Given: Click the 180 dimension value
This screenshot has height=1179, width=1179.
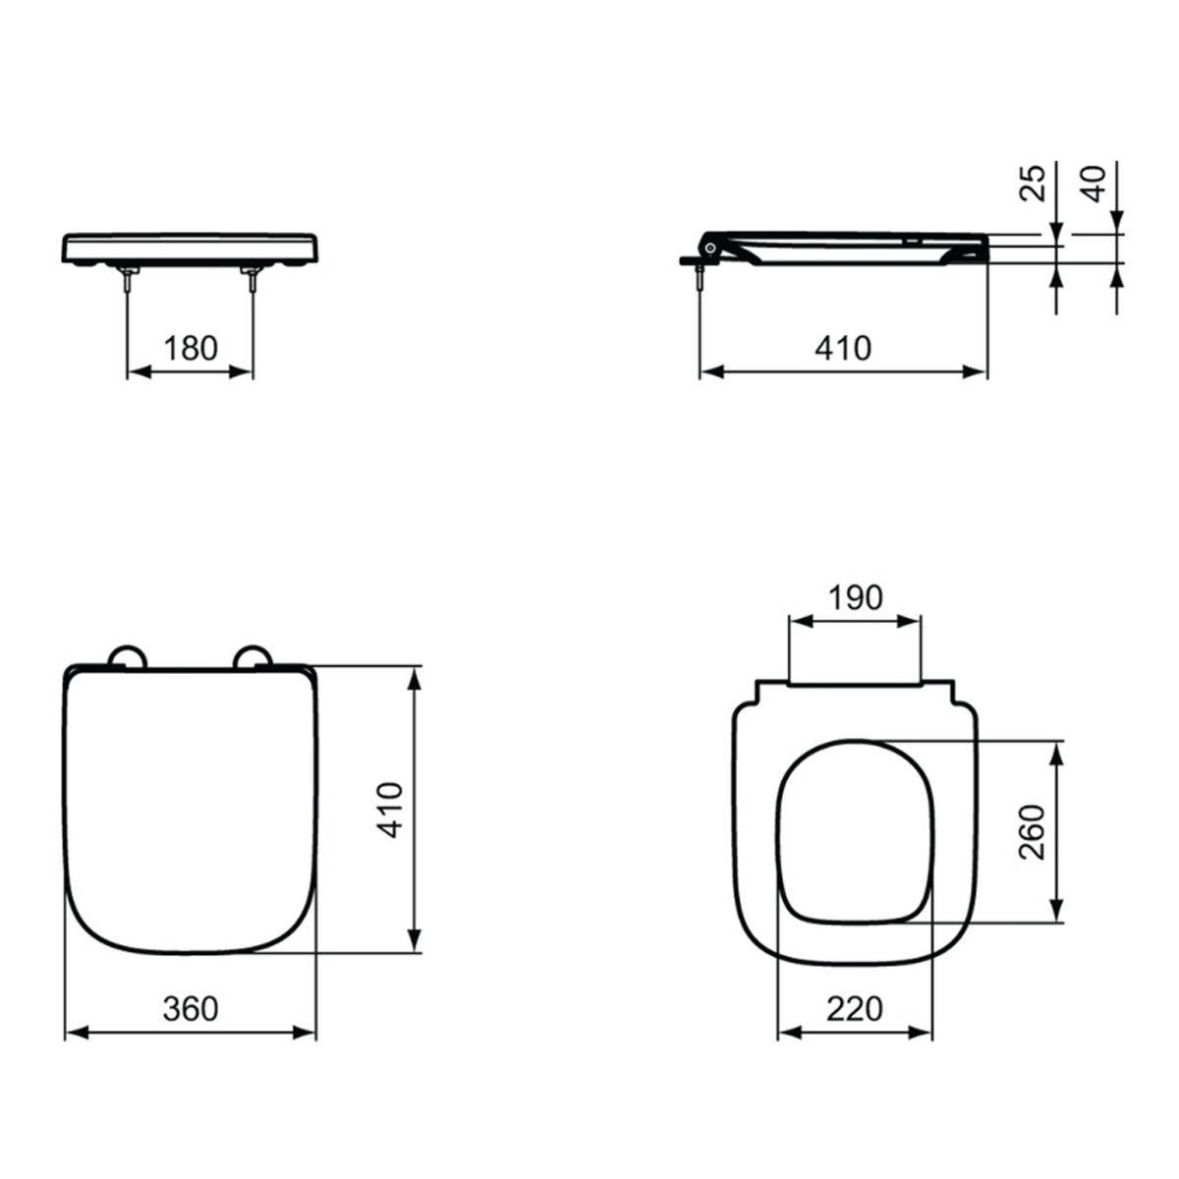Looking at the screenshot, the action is pyautogui.click(x=191, y=348).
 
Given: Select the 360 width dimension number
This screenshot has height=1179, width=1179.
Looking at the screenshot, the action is pyautogui.click(x=191, y=1009).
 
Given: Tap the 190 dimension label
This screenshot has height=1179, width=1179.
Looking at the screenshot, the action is pyautogui.click(x=856, y=597).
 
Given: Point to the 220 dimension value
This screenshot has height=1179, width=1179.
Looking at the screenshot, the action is pyautogui.click(x=855, y=1009).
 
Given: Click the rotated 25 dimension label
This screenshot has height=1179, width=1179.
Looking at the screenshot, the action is pyautogui.click(x=1033, y=183).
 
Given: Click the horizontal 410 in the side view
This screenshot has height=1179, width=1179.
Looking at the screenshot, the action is pyautogui.click(x=843, y=348).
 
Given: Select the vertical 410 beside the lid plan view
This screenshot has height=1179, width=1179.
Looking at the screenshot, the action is pyautogui.click(x=390, y=810).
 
